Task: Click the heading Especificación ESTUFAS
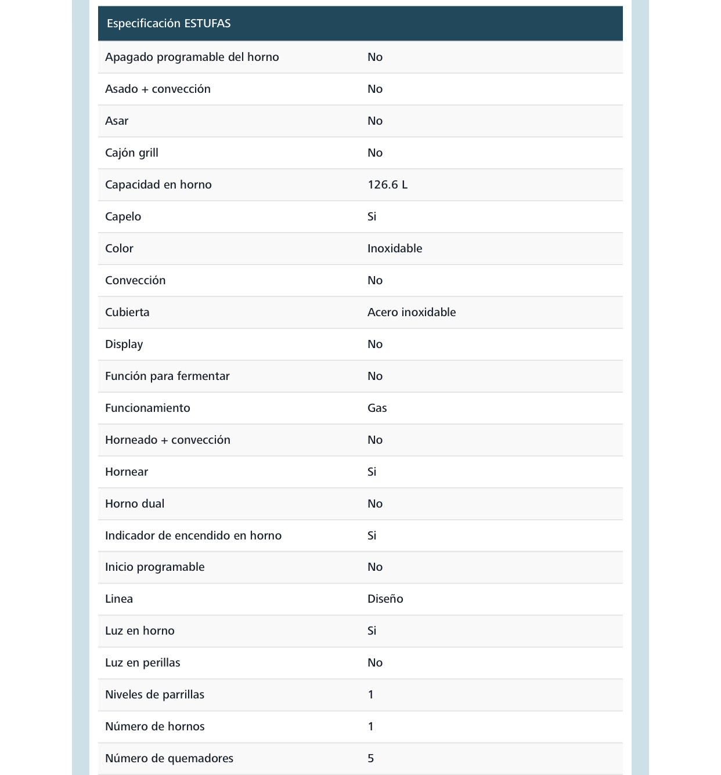168,24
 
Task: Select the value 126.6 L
387,185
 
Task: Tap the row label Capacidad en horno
158,185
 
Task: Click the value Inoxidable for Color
394,249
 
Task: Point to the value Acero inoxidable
411,313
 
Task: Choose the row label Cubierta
127,313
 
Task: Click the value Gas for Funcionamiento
377,408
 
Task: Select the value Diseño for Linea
385,599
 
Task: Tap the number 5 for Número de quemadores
370,759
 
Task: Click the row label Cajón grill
131,153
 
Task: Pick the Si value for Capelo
372,217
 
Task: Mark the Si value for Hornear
372,472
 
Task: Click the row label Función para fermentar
167,376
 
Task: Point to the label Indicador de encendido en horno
193,536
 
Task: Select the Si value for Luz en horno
372,631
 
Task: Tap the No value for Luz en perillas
374,663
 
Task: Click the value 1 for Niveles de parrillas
370,695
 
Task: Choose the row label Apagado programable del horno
192,57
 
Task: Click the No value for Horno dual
374,504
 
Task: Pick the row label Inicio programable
154,567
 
